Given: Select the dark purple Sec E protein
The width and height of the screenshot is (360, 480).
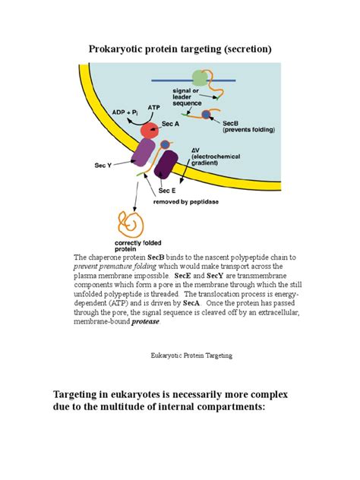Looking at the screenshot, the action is [x=168, y=163].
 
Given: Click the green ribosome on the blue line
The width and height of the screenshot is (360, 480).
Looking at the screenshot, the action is [x=199, y=79].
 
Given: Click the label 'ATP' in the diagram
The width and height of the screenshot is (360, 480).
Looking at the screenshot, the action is [x=153, y=108].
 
